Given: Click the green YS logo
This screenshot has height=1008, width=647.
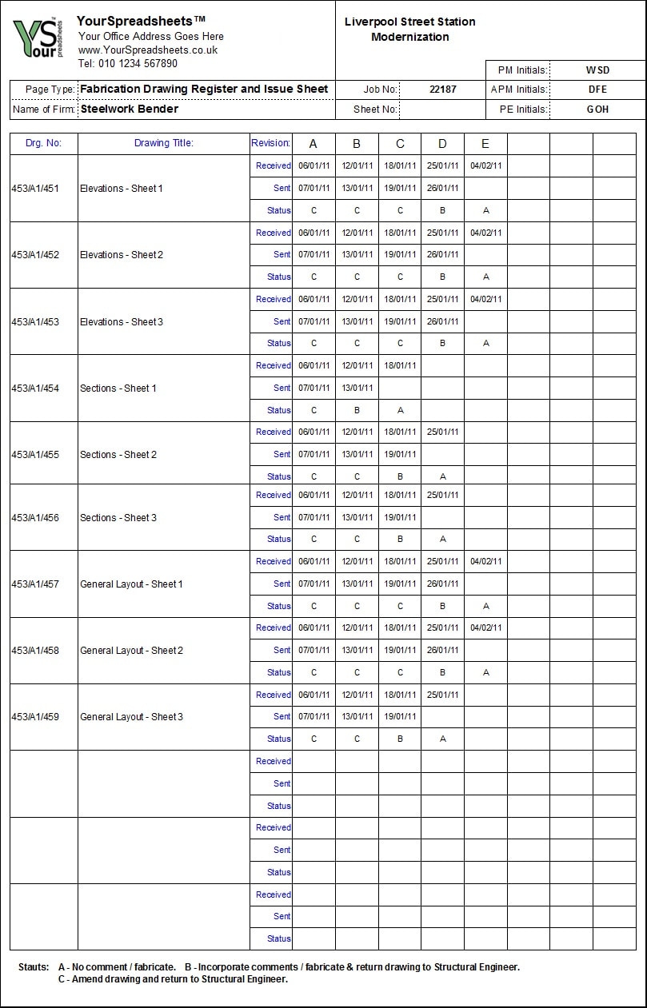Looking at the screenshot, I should (36, 38).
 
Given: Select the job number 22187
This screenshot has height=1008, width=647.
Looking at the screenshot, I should (442, 90).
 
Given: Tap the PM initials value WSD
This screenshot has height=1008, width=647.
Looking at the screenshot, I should (597, 70).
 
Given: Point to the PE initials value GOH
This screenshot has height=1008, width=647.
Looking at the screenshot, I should (597, 109).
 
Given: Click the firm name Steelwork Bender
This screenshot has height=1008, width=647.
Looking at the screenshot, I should (130, 109).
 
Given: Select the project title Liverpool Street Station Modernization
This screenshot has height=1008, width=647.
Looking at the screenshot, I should (409, 30).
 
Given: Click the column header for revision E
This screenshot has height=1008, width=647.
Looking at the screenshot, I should (485, 144).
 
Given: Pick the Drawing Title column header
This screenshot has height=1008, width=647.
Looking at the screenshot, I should (163, 143).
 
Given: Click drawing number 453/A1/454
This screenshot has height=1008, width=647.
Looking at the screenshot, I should (35, 388).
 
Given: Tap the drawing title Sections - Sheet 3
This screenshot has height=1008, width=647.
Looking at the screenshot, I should (118, 518).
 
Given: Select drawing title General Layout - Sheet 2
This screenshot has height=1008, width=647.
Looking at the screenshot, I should (131, 651).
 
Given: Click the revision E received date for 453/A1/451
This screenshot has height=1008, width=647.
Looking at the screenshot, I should (485, 166).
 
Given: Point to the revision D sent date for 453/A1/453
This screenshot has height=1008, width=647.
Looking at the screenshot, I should (442, 321).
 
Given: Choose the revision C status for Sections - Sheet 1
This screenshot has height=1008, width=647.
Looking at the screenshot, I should (400, 410).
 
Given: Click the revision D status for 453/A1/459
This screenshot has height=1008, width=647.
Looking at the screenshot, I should (442, 739).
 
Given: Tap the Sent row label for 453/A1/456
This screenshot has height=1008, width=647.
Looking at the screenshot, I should (282, 517).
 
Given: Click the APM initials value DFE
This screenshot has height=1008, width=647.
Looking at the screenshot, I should (597, 90).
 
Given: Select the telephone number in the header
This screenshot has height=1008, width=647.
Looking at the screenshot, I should (128, 63).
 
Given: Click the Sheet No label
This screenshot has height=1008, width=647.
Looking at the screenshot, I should (374, 110).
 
